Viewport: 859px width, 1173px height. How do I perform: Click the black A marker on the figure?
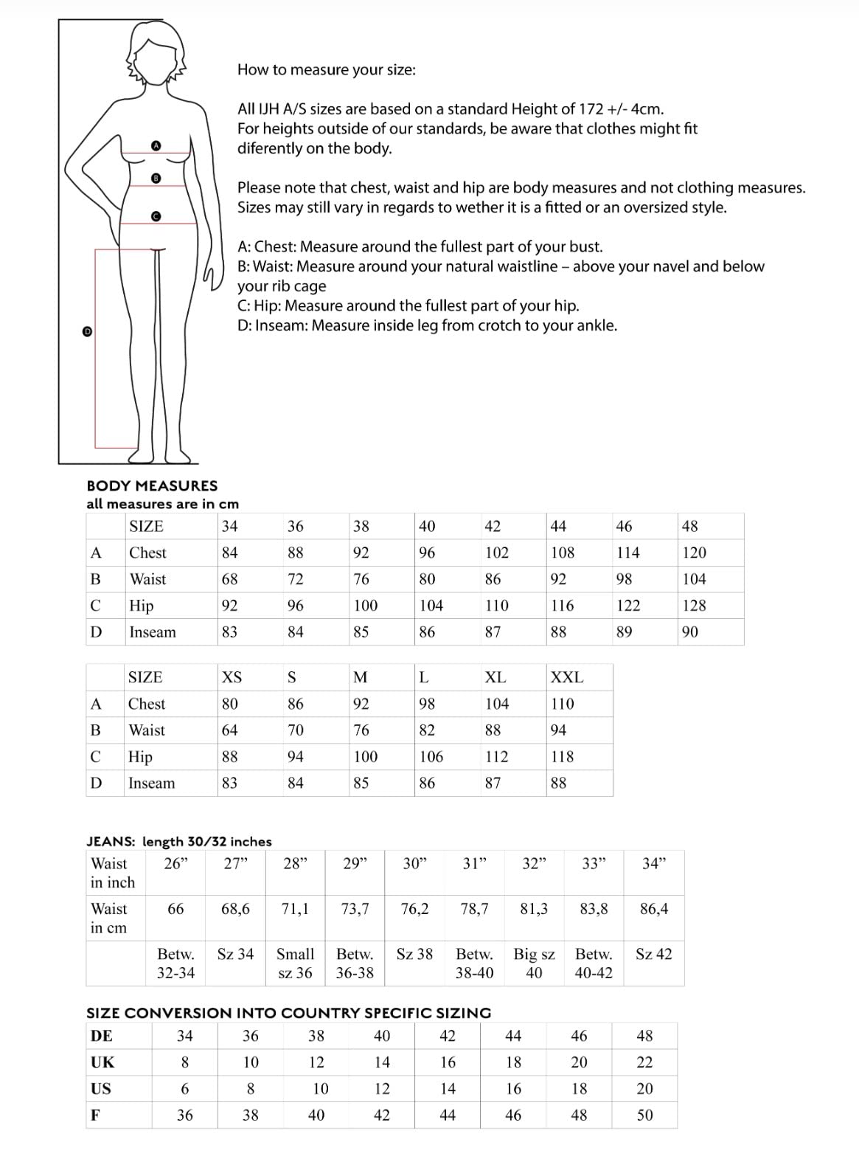[x=156, y=146]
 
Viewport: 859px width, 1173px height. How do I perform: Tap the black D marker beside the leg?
[x=87, y=332]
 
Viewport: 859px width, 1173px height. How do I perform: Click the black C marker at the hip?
[x=156, y=216]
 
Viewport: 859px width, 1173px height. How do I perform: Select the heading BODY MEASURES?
[x=152, y=485]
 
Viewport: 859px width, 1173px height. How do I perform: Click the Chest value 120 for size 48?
[x=694, y=553]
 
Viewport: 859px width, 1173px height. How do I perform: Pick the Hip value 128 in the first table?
[x=694, y=606]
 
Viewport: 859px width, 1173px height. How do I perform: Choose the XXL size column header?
[x=566, y=677]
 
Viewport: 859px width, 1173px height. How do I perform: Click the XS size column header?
[x=232, y=677]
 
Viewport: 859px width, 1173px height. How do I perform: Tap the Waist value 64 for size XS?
[x=230, y=730]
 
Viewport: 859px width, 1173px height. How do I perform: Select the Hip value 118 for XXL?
[x=562, y=757]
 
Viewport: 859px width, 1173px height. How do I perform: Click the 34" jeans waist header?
[x=654, y=863]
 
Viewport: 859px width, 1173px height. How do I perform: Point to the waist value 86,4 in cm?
[x=654, y=909]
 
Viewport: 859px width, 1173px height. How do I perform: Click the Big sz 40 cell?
[x=534, y=963]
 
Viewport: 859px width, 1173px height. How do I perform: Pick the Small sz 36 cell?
[x=295, y=963]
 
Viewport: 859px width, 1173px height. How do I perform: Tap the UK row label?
[x=102, y=1062]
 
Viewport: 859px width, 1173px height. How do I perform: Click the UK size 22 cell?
[x=644, y=1062]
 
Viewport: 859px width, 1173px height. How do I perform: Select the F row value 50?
[x=644, y=1115]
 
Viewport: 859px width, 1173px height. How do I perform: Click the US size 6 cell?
[x=184, y=1089]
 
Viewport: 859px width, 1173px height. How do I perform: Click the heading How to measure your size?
[x=326, y=70]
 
